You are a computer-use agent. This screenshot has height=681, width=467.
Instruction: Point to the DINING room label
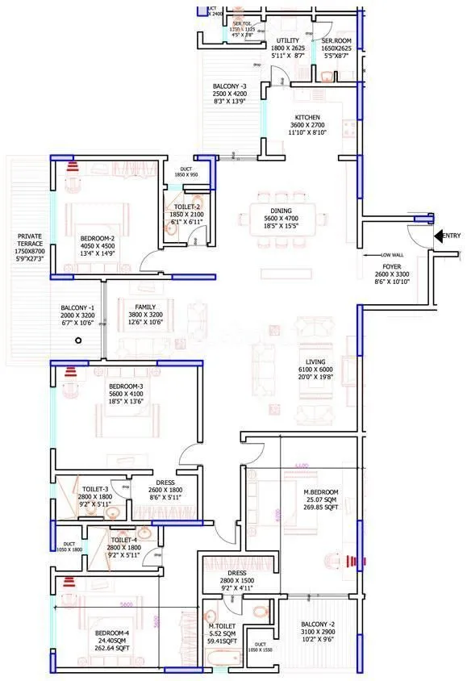[x=281, y=195]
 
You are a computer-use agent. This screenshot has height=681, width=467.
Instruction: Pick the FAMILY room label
[x=145, y=307]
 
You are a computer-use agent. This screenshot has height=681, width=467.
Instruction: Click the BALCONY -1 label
[x=77, y=308]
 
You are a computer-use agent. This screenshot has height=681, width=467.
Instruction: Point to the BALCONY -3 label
[x=229, y=85]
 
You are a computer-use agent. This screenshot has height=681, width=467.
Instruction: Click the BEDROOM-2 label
[x=96, y=239]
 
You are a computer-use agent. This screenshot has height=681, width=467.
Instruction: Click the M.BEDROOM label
[x=321, y=492]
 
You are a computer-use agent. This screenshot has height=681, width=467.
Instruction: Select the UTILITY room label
[x=288, y=40]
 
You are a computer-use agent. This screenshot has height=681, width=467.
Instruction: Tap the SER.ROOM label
[x=336, y=40]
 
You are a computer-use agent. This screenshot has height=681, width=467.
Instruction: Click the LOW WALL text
[x=392, y=255]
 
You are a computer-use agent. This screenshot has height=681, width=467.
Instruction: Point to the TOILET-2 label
[x=186, y=207]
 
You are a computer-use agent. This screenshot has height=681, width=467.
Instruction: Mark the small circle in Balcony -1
[x=78, y=341]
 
